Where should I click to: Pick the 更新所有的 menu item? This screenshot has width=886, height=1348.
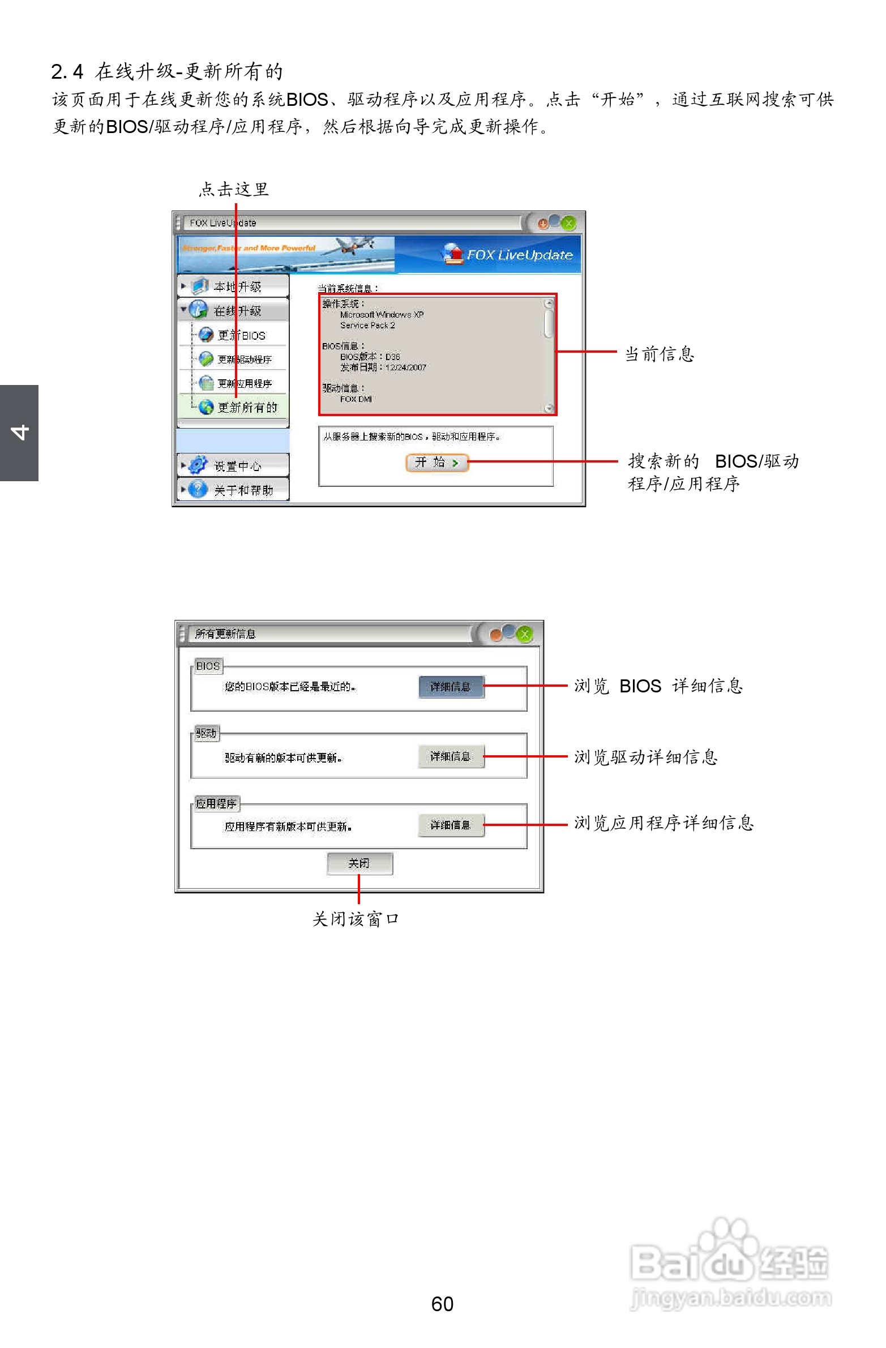[x=246, y=407]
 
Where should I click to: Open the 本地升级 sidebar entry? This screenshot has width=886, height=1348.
[x=236, y=286]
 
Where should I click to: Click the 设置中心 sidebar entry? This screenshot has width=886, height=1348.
[x=236, y=465]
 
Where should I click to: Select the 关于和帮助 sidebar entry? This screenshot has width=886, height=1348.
[x=242, y=490]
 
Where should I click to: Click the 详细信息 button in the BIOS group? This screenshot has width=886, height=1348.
[x=451, y=687]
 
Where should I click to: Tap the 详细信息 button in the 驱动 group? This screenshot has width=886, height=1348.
[x=451, y=756]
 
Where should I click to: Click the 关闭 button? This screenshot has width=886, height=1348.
[x=359, y=863]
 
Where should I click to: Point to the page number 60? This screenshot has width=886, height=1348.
[x=442, y=1304]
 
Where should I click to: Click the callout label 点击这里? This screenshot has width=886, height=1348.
[x=233, y=189]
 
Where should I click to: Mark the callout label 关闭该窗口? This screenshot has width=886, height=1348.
[x=356, y=919]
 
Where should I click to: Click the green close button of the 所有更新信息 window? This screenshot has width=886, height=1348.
[x=525, y=634]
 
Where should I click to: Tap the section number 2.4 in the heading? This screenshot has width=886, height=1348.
[x=67, y=72]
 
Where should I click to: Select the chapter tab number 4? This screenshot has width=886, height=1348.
[x=19, y=432]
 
